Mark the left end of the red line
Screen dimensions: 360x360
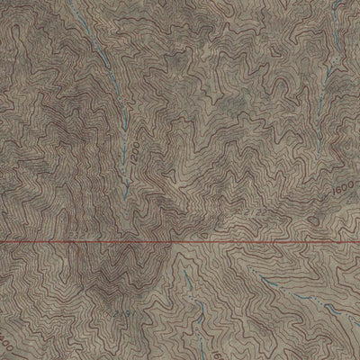coord(1,241)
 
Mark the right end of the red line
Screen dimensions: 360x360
coord(358,241)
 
